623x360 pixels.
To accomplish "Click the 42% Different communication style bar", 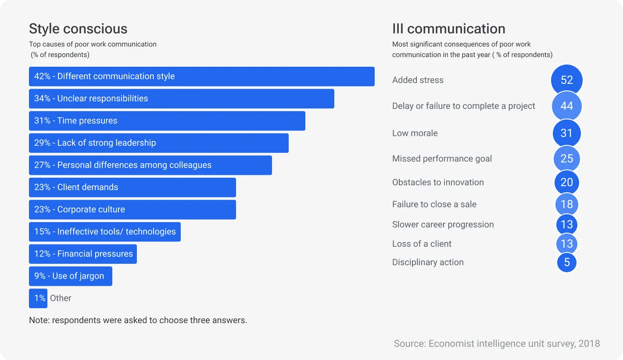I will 201,76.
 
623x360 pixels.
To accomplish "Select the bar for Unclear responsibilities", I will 181,99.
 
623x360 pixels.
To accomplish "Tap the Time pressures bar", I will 167,121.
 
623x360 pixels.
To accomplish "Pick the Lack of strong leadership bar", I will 158,143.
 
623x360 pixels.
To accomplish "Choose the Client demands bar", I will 132,187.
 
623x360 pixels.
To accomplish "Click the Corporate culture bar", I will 132,209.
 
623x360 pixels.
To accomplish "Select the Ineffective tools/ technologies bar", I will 104,232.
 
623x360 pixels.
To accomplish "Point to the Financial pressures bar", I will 82,254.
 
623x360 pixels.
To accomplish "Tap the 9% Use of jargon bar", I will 70,276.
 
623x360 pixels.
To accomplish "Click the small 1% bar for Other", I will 38,299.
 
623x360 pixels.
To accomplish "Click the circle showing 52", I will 566,80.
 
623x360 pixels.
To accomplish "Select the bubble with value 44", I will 566,106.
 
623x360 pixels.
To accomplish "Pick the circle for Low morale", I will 566,133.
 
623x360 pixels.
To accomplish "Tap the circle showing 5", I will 566,263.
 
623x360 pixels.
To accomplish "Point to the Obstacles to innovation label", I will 438,183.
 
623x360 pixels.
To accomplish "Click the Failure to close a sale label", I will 434,205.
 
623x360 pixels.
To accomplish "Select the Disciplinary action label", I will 428,263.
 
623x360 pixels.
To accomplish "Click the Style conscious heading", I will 78,29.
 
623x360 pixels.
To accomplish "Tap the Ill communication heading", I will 448,29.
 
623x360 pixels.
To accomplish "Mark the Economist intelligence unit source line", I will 497,344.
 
